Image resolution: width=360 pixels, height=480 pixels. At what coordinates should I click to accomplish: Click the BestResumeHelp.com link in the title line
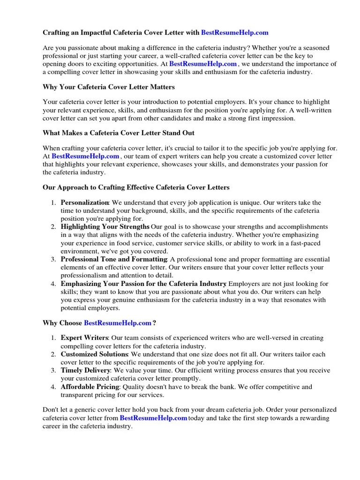coord(234,32)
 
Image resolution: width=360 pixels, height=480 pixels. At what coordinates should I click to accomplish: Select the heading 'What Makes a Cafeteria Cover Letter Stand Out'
coord(119,133)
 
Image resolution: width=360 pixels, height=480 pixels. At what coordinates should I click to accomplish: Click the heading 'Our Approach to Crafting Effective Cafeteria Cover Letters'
coord(136,187)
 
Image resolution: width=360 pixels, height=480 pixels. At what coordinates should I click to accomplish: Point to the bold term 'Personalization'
coord(85,202)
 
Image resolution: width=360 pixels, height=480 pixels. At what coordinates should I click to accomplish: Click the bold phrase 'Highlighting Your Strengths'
coord(105,227)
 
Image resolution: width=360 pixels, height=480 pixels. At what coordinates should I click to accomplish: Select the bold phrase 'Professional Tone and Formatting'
coord(114,259)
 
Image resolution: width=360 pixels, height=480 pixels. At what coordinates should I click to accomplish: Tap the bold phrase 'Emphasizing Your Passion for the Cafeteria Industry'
coord(143,284)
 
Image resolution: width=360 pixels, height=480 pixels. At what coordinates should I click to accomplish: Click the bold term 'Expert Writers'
coord(84,338)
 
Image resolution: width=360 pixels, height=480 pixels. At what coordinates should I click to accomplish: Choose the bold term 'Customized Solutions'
coord(94,354)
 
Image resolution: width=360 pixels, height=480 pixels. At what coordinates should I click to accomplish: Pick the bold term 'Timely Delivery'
coord(86,370)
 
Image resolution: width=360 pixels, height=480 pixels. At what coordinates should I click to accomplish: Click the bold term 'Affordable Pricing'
coord(90,387)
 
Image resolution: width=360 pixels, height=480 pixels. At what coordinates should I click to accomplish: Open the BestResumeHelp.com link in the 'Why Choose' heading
coord(118,323)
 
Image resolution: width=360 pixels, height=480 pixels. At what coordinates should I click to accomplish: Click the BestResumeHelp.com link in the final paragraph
coord(153,418)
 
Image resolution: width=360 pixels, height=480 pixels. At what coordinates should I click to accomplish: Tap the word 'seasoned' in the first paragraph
coord(315,48)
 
